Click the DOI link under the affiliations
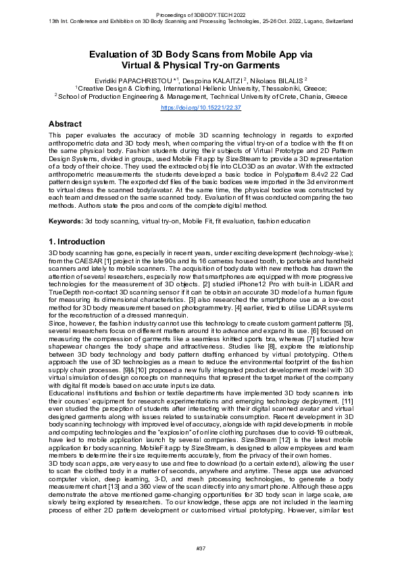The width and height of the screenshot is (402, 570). [201, 107]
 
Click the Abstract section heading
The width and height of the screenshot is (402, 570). [65, 125]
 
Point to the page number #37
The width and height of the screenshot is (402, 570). [201, 546]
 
